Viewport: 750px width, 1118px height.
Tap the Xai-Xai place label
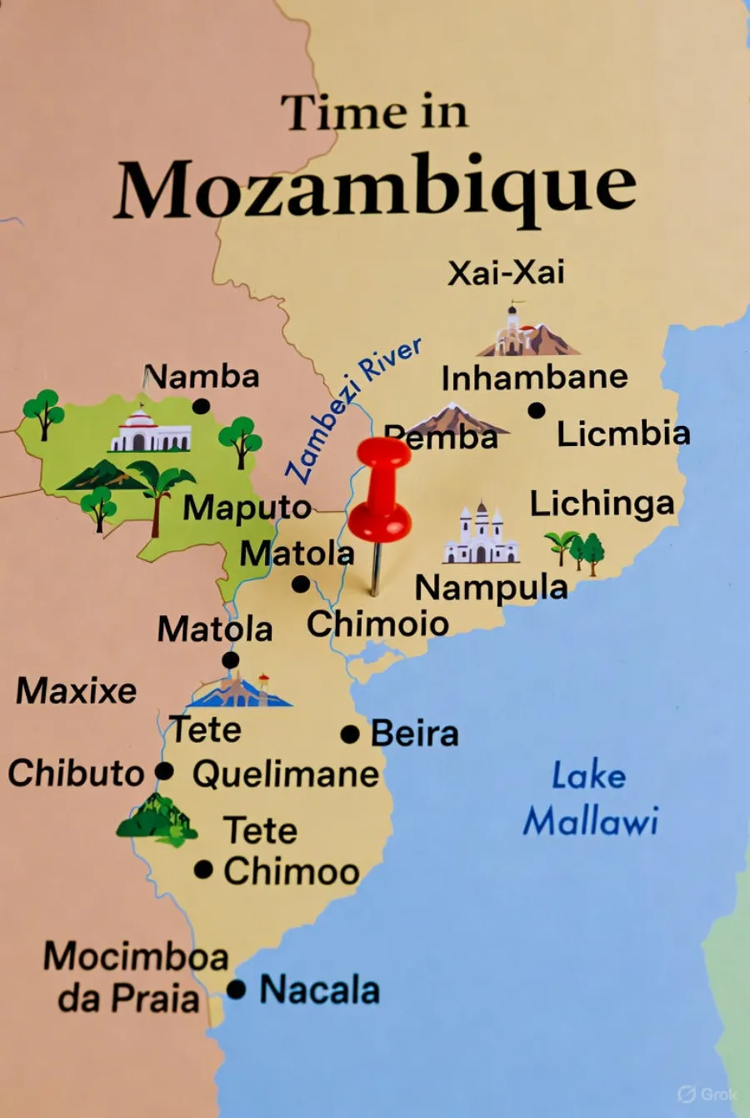click(x=506, y=273)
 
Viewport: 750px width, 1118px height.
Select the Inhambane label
click(x=534, y=378)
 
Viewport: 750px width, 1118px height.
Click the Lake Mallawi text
click(x=590, y=799)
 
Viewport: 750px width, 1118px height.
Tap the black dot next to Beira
click(x=351, y=734)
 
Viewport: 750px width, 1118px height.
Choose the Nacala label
click(x=320, y=990)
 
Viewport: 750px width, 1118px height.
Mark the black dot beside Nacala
click(x=237, y=990)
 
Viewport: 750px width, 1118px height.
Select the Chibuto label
click(x=76, y=773)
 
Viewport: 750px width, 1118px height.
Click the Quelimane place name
click(x=286, y=774)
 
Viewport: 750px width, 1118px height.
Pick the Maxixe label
click(x=77, y=690)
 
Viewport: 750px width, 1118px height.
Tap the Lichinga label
click(x=602, y=504)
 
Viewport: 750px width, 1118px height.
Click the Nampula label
click(x=492, y=588)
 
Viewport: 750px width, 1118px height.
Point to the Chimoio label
click(x=377, y=624)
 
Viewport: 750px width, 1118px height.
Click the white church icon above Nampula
click(x=481, y=535)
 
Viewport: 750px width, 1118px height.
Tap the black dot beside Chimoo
click(x=203, y=870)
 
